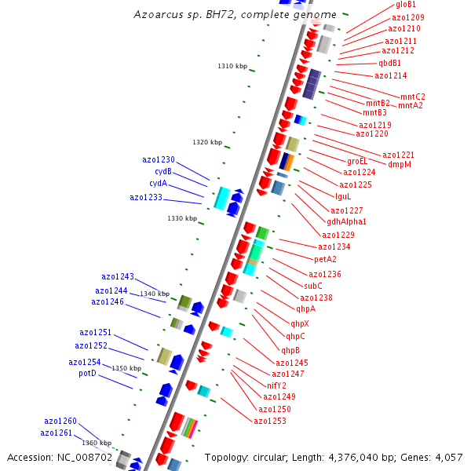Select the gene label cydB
(x=162, y=171)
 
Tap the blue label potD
(x=87, y=374)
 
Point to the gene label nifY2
(x=277, y=385)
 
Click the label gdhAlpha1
(x=346, y=222)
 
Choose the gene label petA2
(x=325, y=259)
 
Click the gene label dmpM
(x=400, y=165)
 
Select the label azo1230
(x=159, y=159)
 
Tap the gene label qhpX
(x=300, y=323)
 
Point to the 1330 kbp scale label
(x=181, y=218)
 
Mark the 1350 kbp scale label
(x=126, y=368)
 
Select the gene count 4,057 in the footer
(x=448, y=457)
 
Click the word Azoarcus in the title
(x=155, y=14)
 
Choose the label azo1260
(x=60, y=421)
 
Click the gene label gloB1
(x=406, y=5)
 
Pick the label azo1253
(x=270, y=421)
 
